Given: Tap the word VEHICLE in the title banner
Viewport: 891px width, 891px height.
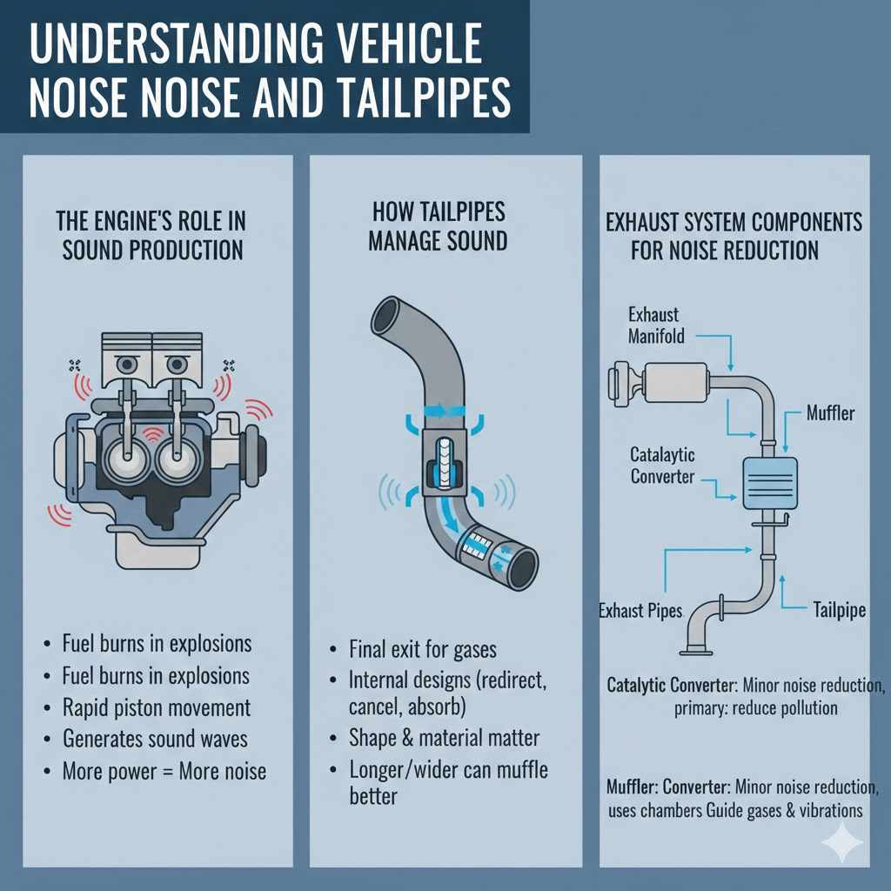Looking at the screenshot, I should coord(408,45).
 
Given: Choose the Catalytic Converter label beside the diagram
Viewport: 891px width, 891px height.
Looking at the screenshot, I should coord(662,466).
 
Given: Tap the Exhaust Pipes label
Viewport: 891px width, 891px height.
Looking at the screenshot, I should coord(641,610).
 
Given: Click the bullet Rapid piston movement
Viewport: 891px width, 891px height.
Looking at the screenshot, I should coord(157,707).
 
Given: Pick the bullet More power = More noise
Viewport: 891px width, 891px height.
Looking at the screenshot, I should coord(164,771).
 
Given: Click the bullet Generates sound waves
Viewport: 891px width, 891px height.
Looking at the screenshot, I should coord(155,739).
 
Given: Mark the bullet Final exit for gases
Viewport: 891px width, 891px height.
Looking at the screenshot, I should coord(423,649).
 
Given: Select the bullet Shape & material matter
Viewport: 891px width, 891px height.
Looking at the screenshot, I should coord(444,739).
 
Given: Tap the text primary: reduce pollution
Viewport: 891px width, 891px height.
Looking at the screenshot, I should coord(755,707).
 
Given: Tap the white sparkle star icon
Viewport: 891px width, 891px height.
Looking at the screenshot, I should coord(843,842).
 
